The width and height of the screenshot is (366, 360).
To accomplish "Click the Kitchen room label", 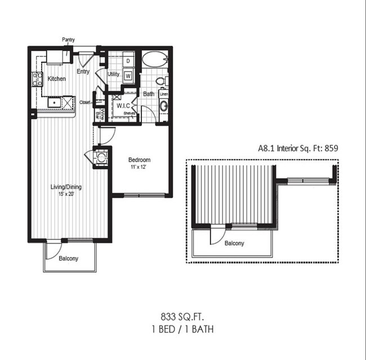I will (x=56, y=79).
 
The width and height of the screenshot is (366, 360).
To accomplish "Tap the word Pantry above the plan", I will (x=68, y=40).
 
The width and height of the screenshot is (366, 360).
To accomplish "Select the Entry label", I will (x=83, y=72).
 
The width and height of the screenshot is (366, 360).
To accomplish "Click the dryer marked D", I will (x=128, y=61).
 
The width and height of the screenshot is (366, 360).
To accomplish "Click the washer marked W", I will (x=128, y=74).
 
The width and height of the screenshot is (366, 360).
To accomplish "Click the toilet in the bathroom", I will (x=160, y=82).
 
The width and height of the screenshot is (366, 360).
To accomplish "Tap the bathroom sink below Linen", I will (x=163, y=106).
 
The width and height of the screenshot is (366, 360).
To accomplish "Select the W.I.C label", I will (x=123, y=105).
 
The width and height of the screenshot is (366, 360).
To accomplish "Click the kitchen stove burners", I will (x=38, y=79).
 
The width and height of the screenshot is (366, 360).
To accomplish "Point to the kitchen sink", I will (x=54, y=103).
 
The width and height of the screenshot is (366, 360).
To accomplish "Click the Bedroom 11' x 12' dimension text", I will (x=139, y=167).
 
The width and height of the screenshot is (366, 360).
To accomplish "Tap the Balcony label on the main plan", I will (x=69, y=259).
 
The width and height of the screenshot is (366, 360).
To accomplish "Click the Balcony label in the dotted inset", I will (x=234, y=243).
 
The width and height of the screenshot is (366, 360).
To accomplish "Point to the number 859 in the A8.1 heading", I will (x=330, y=149).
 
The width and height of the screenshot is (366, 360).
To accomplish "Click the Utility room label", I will (x=113, y=74).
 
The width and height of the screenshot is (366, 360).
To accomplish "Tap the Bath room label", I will (x=149, y=94).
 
